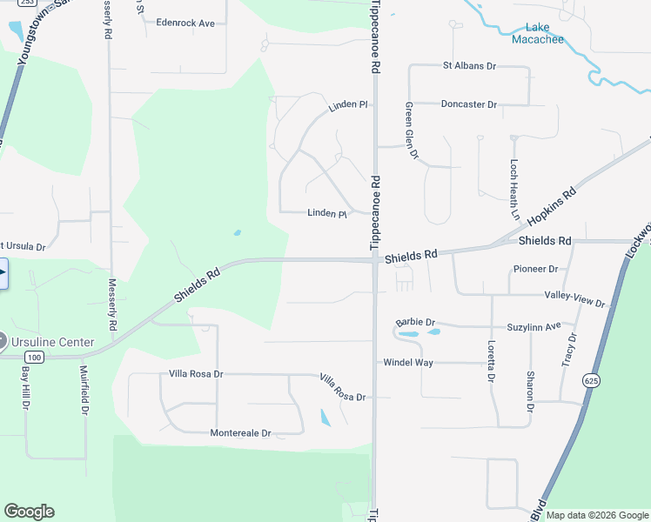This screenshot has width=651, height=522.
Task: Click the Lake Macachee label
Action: pyautogui.click(x=537, y=34)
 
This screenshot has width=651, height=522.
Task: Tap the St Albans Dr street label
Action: pyautogui.click(x=468, y=65)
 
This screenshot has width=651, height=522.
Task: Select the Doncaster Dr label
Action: pyautogui.click(x=468, y=104)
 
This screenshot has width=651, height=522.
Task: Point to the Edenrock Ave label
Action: pyautogui.click(x=185, y=23)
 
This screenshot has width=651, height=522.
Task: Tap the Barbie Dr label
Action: pyautogui.click(x=413, y=322)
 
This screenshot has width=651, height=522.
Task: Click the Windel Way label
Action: pyautogui.click(x=407, y=362)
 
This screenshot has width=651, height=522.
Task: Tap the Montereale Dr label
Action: pyautogui.click(x=240, y=433)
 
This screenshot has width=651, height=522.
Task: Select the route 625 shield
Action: pyautogui.click(x=592, y=380)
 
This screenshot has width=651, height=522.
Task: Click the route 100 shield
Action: pyautogui.click(x=34, y=358)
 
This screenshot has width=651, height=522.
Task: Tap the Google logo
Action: pyautogui.click(x=29, y=512)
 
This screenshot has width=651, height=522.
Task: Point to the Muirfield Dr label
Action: pyautogui.click(x=84, y=387)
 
